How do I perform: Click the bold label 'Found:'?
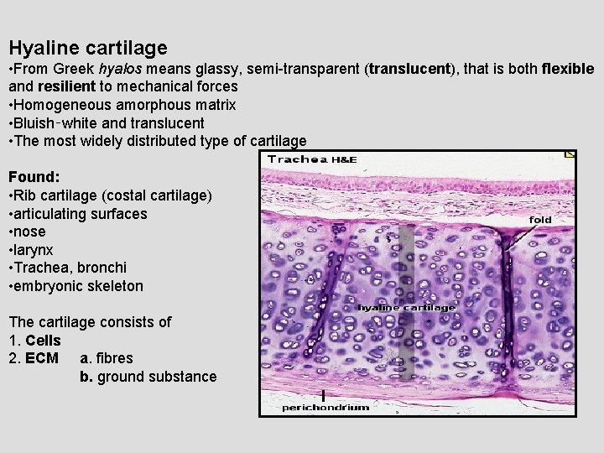coord(34,177)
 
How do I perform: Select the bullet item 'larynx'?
coord(34,249)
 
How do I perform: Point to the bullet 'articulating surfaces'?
coord(81,214)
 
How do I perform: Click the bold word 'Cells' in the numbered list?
coord(43,341)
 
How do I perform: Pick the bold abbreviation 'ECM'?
coord(42,358)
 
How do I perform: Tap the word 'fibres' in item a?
coord(113,358)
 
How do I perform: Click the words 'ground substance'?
coord(157,377)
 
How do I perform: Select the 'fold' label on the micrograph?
coord(541,220)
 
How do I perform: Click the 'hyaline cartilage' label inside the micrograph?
coord(407,308)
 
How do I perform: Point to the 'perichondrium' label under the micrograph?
coord(325,407)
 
